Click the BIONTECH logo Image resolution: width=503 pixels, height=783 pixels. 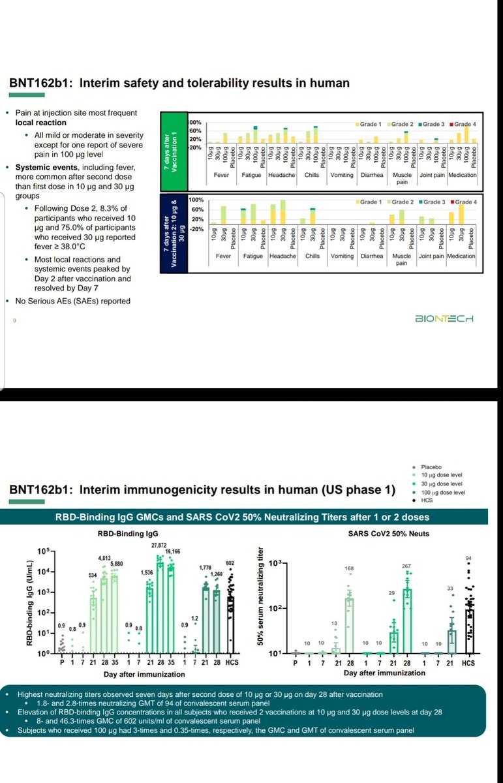coord(444,318)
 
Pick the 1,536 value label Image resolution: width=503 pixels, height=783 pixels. coord(147,572)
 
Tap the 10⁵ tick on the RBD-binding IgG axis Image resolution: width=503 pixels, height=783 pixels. coord(44,551)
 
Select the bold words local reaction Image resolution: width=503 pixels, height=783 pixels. coord(42,123)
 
